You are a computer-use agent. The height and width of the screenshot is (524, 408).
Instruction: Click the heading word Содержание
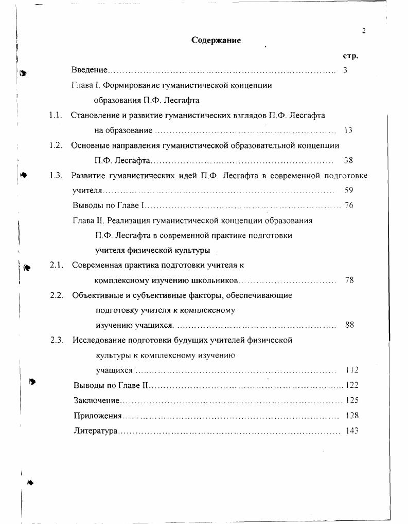pyautogui.click(x=216, y=40)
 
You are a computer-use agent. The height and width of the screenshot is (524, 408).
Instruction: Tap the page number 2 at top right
pyautogui.click(x=364, y=31)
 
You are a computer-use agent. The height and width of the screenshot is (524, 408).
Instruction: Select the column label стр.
pyautogui.click(x=350, y=56)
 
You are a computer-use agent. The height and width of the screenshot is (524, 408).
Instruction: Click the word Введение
pyautogui.click(x=90, y=70)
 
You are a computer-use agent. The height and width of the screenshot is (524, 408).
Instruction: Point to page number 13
pyautogui.click(x=348, y=130)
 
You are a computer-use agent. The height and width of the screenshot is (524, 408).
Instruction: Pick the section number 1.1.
pyautogui.click(x=56, y=115)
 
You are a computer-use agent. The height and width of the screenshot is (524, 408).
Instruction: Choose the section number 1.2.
pyautogui.click(x=56, y=145)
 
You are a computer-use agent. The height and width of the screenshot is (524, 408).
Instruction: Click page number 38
pyautogui.click(x=348, y=160)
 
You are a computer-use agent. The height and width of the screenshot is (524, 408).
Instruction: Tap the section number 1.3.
pyautogui.click(x=56, y=175)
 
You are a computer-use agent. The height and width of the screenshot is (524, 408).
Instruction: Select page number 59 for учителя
pyautogui.click(x=348, y=191)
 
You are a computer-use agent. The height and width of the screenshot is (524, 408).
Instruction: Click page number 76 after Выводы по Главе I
pyautogui.click(x=349, y=205)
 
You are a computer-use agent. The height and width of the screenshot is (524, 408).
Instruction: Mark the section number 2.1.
pyautogui.click(x=56, y=265)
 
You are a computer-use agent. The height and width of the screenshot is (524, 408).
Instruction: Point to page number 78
pyautogui.click(x=349, y=280)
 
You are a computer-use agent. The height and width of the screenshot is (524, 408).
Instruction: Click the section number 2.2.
pyautogui.click(x=56, y=295)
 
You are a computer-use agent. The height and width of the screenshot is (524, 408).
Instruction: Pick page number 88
pyautogui.click(x=349, y=325)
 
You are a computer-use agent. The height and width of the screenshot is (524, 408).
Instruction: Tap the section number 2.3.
pyautogui.click(x=56, y=340)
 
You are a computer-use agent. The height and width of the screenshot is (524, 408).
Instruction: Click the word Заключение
pyautogui.click(x=97, y=400)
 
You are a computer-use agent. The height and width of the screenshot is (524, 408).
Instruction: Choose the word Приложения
pyautogui.click(x=98, y=416)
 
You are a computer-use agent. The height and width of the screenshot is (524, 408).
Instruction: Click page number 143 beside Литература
pyautogui.click(x=352, y=431)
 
